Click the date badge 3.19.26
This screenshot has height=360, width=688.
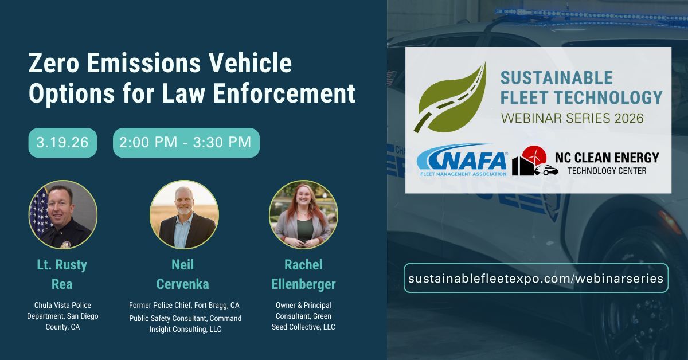(62, 143)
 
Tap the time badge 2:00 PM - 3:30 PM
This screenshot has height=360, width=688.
(186, 143)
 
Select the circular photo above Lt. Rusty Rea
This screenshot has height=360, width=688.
(63, 214)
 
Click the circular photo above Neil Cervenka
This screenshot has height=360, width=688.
(183, 214)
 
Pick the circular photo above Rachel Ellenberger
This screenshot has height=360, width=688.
(303, 214)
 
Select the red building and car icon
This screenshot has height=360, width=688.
(534, 162)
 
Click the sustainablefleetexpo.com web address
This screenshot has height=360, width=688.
(535, 278)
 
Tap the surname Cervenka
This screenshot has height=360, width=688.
(183, 284)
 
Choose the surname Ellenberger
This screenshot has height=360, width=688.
(303, 284)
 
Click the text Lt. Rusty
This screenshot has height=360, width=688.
(62, 265)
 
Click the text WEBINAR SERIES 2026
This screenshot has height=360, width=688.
(572, 118)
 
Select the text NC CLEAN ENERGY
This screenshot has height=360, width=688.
(607, 157)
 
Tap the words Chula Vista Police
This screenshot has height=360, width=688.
(62, 305)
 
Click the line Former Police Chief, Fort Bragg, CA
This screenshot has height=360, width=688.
(184, 305)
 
